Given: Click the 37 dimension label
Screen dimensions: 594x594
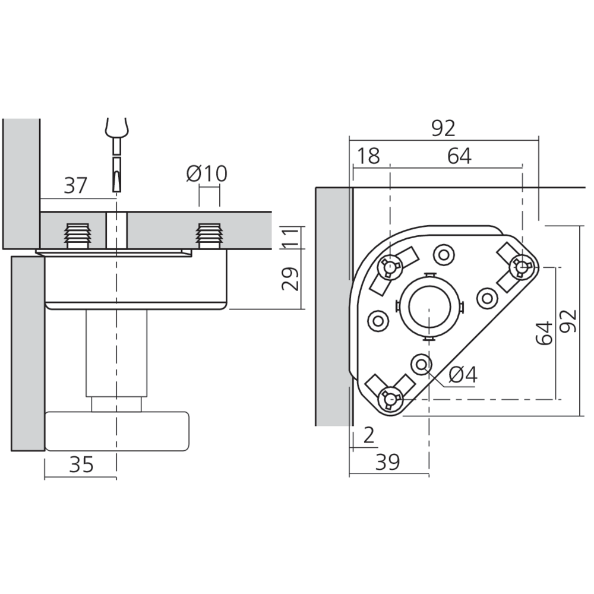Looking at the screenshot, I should (75, 186).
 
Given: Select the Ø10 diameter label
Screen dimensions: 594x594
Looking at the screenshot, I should (206, 173).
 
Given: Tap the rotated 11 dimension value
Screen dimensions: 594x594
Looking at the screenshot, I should (290, 238).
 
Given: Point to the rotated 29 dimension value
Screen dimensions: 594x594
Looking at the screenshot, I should (290, 279).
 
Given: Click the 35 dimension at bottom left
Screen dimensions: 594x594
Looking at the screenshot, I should (81, 465).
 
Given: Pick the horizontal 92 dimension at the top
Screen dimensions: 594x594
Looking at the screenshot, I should (443, 128).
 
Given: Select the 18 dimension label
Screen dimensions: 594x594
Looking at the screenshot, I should (369, 156).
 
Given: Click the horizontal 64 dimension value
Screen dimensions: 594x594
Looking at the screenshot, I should (459, 156).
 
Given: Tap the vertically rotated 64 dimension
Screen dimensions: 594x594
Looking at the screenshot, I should (544, 333).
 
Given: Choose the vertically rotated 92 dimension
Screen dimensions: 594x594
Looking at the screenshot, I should (568, 321).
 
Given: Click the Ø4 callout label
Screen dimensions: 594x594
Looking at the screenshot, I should (463, 375).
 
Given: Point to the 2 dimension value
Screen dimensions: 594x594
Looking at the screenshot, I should (369, 436).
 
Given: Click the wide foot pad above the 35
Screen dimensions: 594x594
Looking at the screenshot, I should (117, 431).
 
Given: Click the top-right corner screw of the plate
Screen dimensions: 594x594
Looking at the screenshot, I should (521, 267).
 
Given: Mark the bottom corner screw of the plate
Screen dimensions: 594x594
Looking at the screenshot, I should (390, 398).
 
